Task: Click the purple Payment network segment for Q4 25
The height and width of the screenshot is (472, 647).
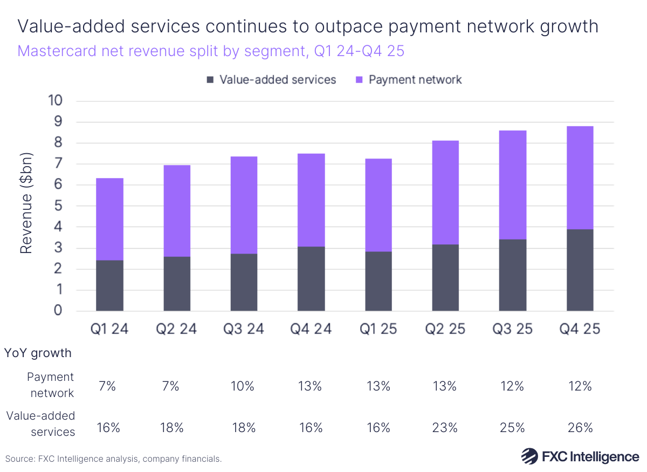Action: click(x=580, y=177)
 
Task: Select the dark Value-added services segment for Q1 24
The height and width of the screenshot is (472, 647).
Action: click(x=109, y=285)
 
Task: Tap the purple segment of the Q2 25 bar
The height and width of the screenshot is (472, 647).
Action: click(x=445, y=193)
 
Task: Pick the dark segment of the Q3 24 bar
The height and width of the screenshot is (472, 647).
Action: click(x=244, y=282)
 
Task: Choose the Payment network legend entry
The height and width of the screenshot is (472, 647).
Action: click(x=408, y=80)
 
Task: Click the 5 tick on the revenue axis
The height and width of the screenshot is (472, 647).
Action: click(x=58, y=206)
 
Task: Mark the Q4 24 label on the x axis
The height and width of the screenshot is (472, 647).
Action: click(x=311, y=329)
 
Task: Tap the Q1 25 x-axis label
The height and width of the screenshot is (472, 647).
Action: click(x=378, y=329)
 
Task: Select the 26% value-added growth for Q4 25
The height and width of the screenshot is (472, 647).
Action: click(x=580, y=428)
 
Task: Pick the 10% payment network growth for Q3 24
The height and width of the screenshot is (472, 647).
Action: click(x=244, y=386)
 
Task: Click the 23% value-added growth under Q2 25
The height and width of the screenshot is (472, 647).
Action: click(x=445, y=428)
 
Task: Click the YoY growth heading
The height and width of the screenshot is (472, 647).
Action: click(x=38, y=353)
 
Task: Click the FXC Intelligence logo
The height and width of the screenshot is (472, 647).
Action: click(x=580, y=456)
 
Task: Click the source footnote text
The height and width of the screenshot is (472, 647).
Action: click(x=113, y=459)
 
